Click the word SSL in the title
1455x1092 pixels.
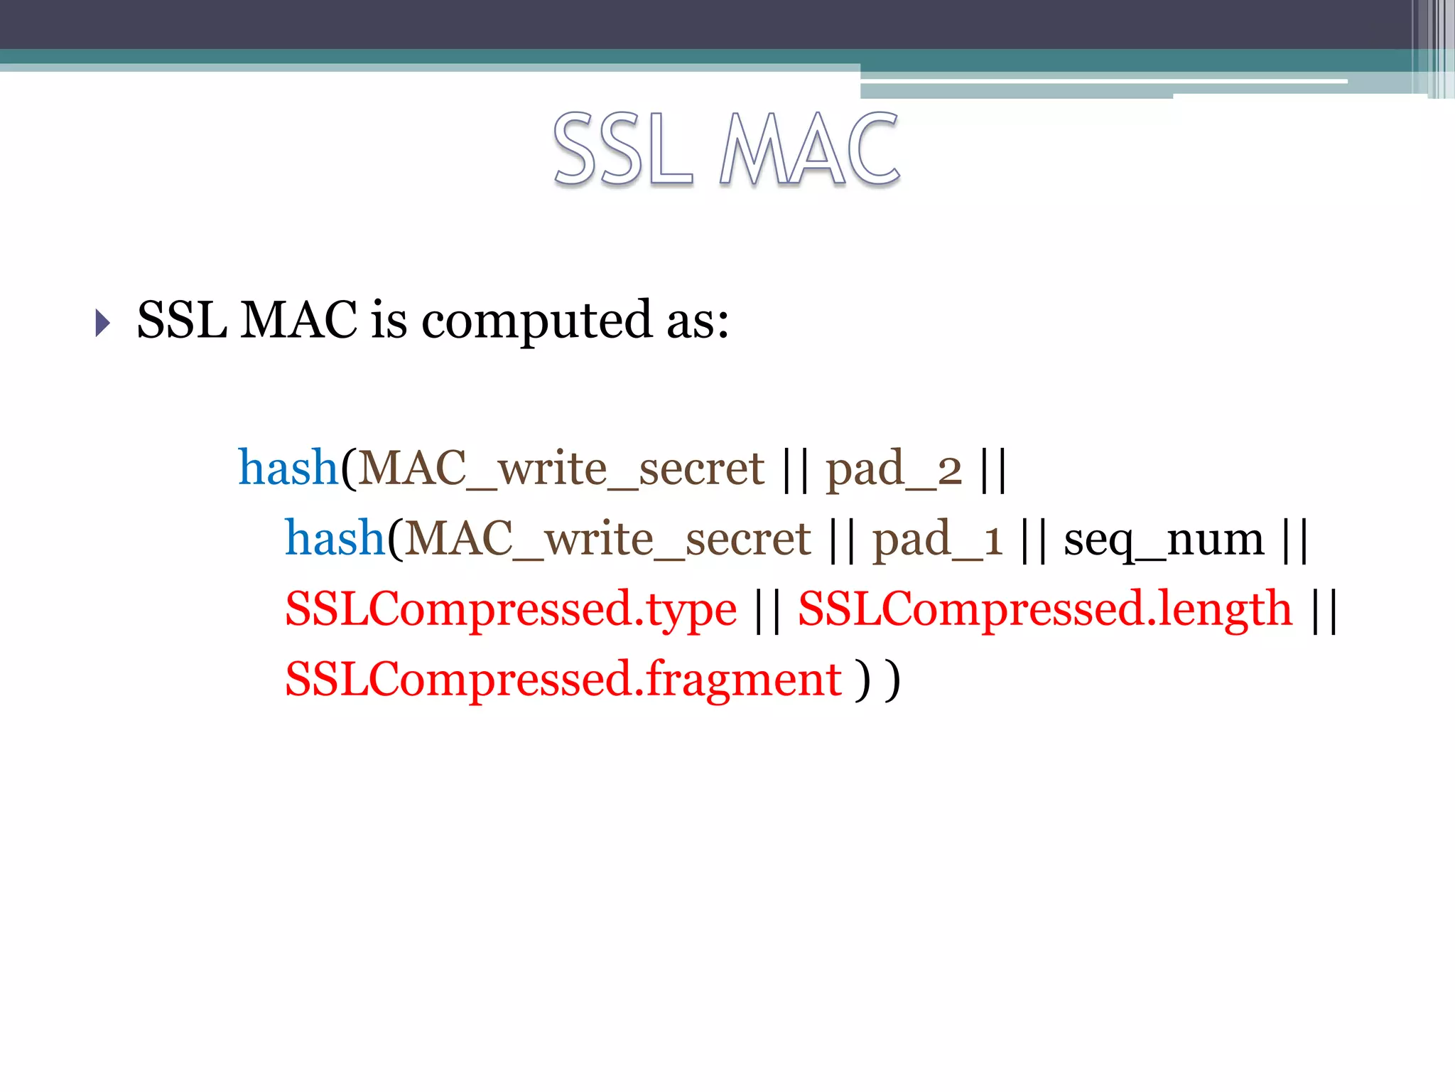[622, 150]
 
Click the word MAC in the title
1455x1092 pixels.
[809, 150]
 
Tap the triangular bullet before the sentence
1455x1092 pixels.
[103, 323]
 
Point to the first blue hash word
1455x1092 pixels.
[288, 468]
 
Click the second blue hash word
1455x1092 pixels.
[335, 538]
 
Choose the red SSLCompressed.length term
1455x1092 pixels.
[1045, 609]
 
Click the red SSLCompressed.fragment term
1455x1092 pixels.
[563, 680]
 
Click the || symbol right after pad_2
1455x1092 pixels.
[992, 469]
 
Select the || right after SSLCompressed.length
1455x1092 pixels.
[1325, 610]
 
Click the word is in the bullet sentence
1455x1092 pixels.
[389, 320]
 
